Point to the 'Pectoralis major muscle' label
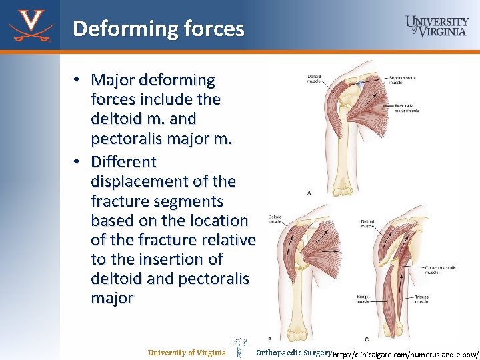pos(407,107)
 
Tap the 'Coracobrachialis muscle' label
pos(441,269)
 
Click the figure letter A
pos(308,192)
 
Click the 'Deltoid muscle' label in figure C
pos(367,223)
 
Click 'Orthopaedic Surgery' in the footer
pos(293,352)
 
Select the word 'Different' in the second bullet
pos(123,161)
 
